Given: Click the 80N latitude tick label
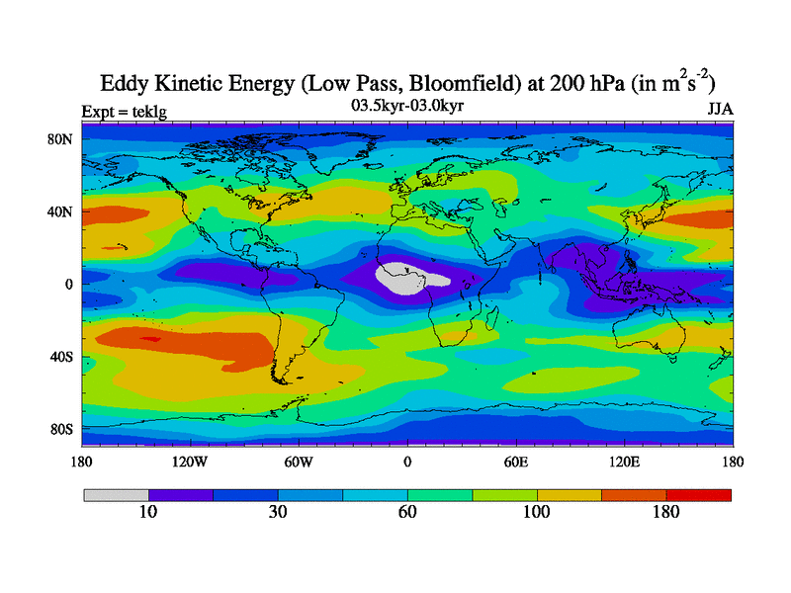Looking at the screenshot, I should [61, 138].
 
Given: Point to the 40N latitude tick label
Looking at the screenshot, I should [61, 212].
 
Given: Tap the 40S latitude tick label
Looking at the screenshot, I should [62, 356].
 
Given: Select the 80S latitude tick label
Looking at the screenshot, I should [62, 429].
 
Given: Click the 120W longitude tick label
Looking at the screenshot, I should [189, 461].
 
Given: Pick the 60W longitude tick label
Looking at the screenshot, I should [299, 461].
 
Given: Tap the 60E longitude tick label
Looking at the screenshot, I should [515, 461].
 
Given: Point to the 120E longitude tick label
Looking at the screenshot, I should [624, 461].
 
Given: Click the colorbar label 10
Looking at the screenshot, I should [148, 512].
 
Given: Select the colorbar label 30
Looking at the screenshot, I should [278, 512].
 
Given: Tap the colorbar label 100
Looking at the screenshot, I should [537, 512].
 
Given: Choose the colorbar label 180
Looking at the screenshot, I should [666, 512].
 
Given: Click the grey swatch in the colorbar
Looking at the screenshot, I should [116, 494].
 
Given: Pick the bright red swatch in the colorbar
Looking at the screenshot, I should [699, 494].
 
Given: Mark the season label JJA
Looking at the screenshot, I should [720, 109].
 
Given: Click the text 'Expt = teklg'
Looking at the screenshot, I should [123, 111].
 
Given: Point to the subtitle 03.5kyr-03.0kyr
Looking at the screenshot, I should [407, 103].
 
